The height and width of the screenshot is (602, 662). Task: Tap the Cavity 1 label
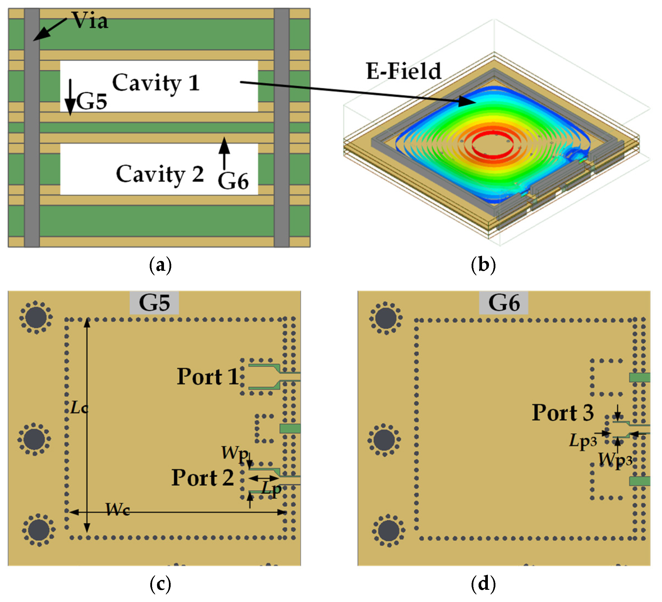pyautogui.click(x=156, y=83)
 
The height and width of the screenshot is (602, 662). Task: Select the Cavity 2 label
pyautogui.click(x=160, y=174)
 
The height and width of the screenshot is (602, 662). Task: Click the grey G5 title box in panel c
pyautogui.click(x=154, y=303)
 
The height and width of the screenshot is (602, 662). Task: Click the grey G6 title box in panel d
pyautogui.click(x=504, y=303)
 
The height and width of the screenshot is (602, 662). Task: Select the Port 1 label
pyautogui.click(x=208, y=376)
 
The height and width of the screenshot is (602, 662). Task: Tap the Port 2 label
pyautogui.click(x=203, y=478)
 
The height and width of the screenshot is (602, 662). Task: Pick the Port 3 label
pyautogui.click(x=563, y=413)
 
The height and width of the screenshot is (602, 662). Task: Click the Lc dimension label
pyautogui.click(x=79, y=408)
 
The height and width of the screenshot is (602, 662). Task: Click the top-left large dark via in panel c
pyautogui.click(x=36, y=317)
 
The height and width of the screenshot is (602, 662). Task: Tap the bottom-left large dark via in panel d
pyautogui.click(x=388, y=531)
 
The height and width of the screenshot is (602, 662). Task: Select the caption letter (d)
pyautogui.click(x=483, y=584)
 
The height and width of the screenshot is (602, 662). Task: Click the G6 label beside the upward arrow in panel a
pyautogui.click(x=233, y=181)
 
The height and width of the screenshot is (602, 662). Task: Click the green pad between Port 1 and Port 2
pyautogui.click(x=290, y=428)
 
